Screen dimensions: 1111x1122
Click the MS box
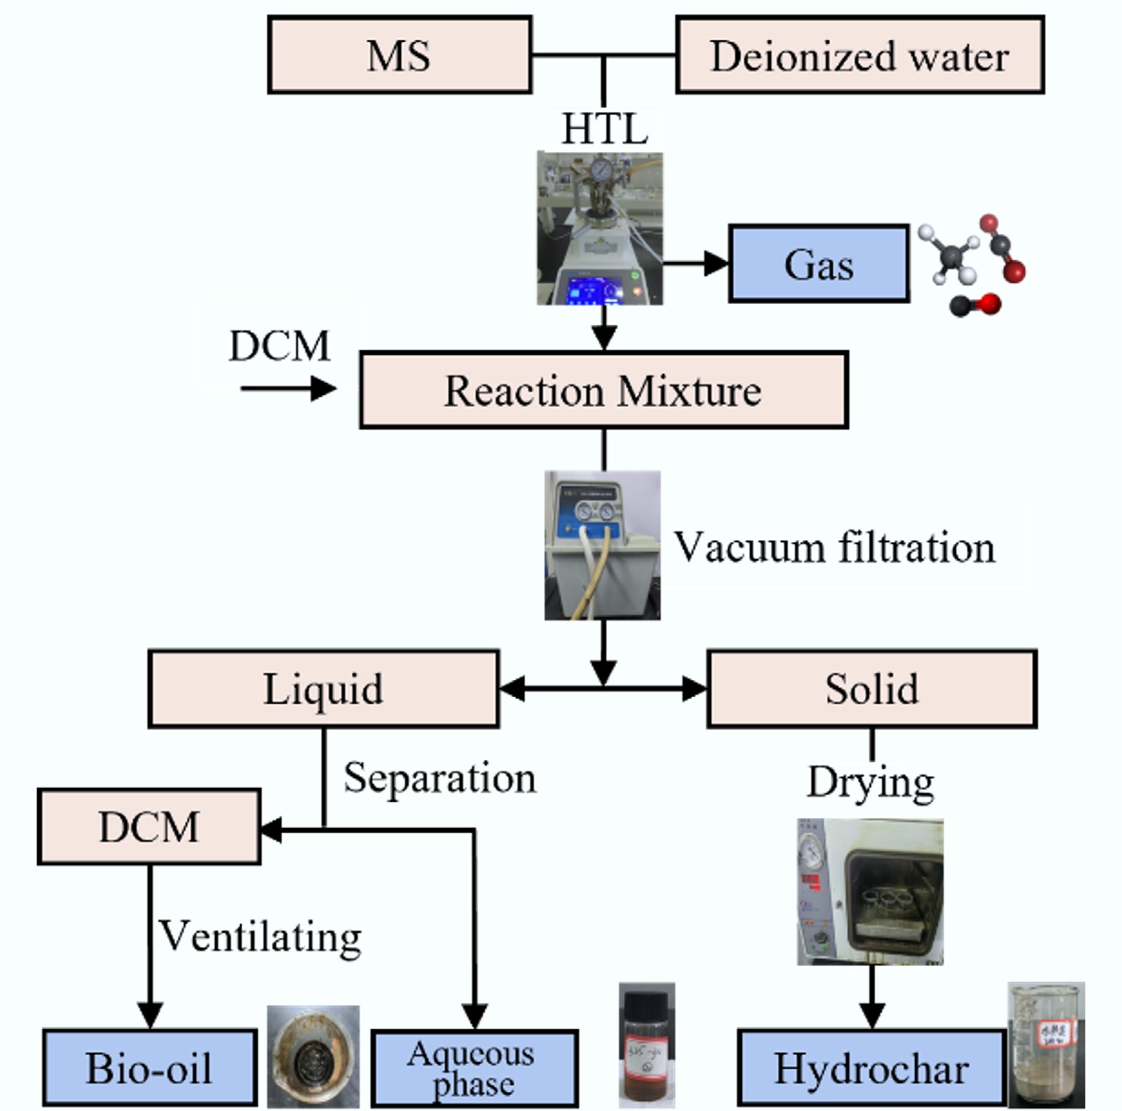pyautogui.click(x=400, y=55)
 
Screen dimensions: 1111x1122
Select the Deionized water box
pyautogui.click(x=859, y=55)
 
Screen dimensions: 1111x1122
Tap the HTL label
pyautogui.click(x=604, y=128)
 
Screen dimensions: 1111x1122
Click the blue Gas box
pyautogui.click(x=819, y=264)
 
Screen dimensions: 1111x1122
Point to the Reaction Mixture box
pyautogui.click(x=603, y=390)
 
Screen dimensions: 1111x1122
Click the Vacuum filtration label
pyautogui.click(x=834, y=547)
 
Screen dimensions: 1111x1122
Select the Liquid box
pyautogui.click(x=324, y=689)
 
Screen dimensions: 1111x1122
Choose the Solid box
pyautogui.click(x=872, y=689)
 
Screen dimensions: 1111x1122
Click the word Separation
pyautogui.click(x=440, y=778)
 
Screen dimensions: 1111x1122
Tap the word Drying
pyautogui.click(x=870, y=782)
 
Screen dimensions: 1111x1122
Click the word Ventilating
pyautogui.click(x=260, y=937)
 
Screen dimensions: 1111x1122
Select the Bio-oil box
pyautogui.click(x=149, y=1068)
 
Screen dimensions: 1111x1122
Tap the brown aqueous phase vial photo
pyautogui.click(x=646, y=1045)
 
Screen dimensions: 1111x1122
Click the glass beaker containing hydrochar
pyautogui.click(x=1045, y=1045)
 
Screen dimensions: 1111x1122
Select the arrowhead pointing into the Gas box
pyautogui.click(x=716, y=263)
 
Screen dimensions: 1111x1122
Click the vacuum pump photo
pyautogui.click(x=602, y=545)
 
